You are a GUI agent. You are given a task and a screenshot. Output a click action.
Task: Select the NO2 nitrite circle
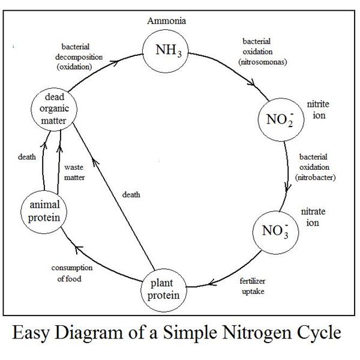tap(278, 117)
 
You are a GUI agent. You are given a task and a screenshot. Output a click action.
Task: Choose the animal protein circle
tap(44, 211)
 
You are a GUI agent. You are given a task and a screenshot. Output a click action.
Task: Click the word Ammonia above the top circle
tap(167, 21)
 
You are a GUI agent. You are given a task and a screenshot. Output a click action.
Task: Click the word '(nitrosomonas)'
tap(261, 61)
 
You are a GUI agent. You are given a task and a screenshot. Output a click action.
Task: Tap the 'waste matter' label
tap(75, 172)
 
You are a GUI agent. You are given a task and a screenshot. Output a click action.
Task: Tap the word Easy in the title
tap(32, 333)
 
